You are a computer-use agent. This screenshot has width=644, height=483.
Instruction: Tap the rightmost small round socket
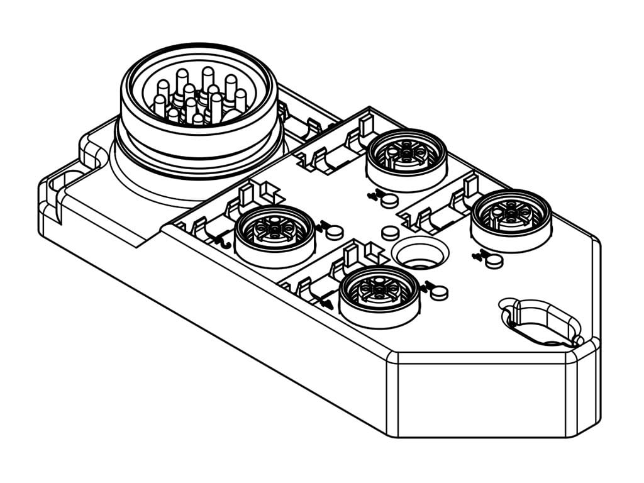tap(511, 216)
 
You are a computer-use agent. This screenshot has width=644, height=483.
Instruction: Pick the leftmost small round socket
tap(274, 231)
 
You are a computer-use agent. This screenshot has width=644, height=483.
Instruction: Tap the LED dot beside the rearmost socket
tap(390, 200)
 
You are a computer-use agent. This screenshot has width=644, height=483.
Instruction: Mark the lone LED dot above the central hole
tap(391, 233)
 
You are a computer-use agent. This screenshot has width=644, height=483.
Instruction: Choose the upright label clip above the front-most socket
tap(352, 253)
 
